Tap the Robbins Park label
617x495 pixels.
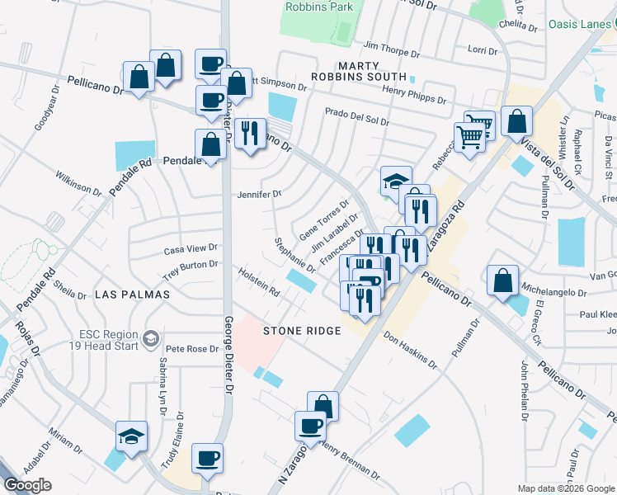(318, 7)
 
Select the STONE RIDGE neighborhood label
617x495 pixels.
(302, 331)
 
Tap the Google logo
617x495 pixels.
(27, 485)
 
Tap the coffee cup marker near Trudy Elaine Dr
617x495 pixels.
(207, 458)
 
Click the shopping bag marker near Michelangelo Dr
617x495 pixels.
(502, 280)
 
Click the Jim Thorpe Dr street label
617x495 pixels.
(391, 51)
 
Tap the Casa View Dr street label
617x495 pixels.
(190, 247)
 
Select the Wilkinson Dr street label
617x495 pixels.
(78, 184)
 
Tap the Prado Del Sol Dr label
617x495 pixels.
(356, 117)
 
